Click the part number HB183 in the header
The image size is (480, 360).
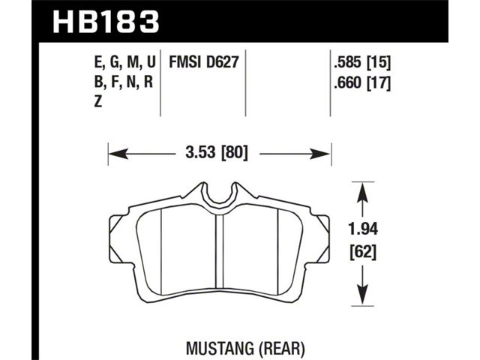tap(106, 22)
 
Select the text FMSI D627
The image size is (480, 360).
tap(203, 62)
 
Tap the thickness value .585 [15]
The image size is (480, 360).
tap(362, 63)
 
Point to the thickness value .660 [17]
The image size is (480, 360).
tap(362, 82)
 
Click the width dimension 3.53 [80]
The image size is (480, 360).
tap(217, 152)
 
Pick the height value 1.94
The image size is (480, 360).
tap(363, 229)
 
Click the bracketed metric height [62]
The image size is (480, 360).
tap(363, 253)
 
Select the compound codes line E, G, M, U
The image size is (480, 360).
tap(125, 62)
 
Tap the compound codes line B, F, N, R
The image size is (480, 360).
tap(123, 82)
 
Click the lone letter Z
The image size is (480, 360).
tap(98, 101)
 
